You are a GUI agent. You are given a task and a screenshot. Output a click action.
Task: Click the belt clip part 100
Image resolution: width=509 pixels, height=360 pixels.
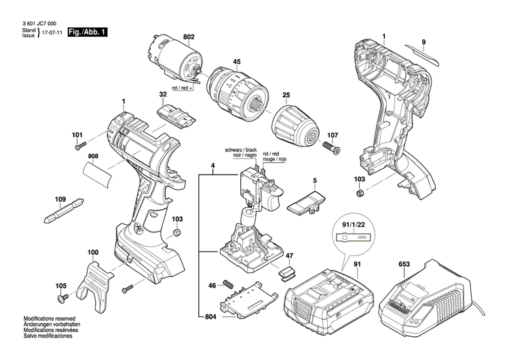coord(95,281)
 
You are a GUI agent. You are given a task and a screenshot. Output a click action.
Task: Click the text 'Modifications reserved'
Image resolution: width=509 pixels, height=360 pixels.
coord(49,338)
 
